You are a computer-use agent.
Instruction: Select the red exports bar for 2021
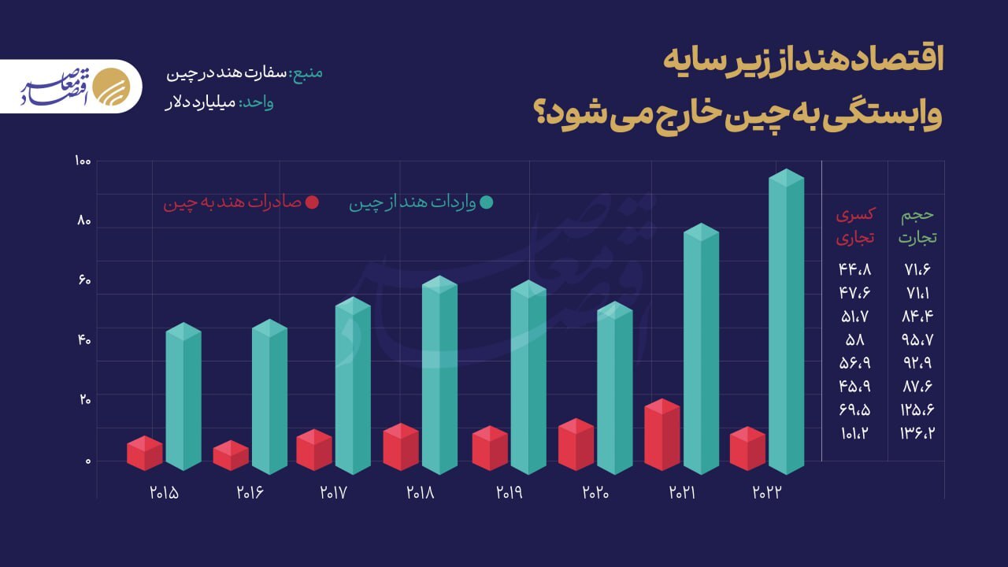(662, 435)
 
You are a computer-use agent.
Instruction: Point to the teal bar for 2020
(614, 388)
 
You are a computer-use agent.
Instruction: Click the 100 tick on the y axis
(82, 161)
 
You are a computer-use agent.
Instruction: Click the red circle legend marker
(312, 202)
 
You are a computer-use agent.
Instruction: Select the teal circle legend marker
(487, 202)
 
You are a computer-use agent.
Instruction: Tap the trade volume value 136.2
(918, 433)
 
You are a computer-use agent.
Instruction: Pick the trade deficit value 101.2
(854, 433)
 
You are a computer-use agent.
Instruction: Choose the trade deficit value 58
(854, 339)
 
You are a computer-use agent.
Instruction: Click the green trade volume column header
(918, 226)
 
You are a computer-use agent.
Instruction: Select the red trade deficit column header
(854, 226)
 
